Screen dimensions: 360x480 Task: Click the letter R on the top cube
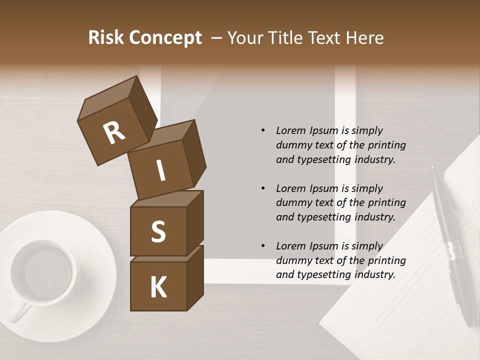tap(114, 133)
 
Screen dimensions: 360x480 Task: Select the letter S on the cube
tap(158, 231)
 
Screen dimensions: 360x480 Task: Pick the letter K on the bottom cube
tap(158, 287)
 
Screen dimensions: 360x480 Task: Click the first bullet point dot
tap(263, 130)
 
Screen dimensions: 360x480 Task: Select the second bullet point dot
tap(263, 188)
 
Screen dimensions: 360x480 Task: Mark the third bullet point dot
tap(263, 246)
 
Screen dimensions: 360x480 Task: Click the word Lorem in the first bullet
tap(290, 130)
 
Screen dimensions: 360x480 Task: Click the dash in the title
tap(217, 38)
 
